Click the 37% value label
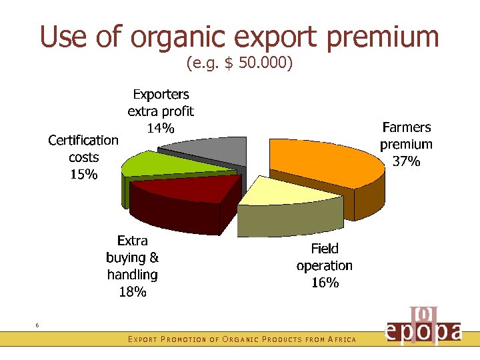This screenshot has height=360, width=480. click(x=406, y=161)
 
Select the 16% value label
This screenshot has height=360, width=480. click(x=325, y=283)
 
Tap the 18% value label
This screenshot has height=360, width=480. click(x=132, y=291)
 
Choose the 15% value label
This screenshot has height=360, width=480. click(x=83, y=175)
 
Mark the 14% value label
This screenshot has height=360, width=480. click(x=161, y=128)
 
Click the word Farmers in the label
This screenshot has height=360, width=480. click(x=406, y=127)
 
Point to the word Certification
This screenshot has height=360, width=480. click(x=83, y=140)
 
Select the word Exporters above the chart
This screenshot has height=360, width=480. click(x=161, y=94)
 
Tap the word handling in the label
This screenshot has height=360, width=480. click(x=132, y=274)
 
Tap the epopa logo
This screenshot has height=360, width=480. click(x=423, y=327)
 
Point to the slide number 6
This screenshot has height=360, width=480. click(x=37, y=325)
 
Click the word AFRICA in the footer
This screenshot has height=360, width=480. click(x=341, y=340)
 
